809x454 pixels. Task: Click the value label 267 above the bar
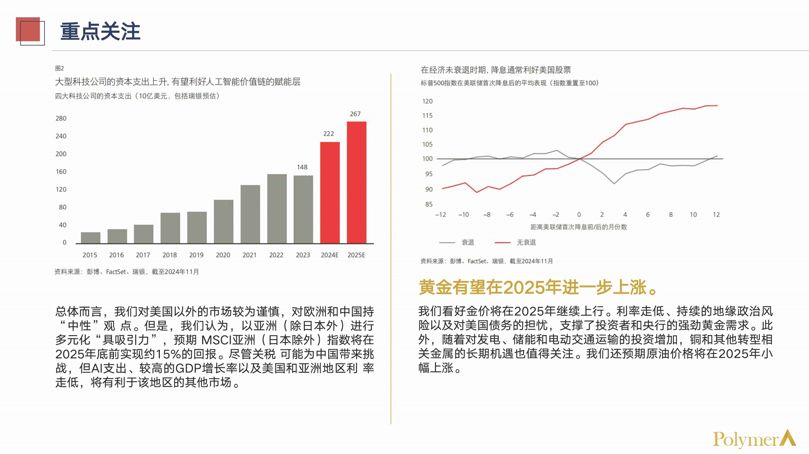pyautogui.click(x=355, y=114)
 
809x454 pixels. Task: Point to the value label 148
pyautogui.click(x=302, y=167)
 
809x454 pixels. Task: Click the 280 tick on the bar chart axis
pyautogui.click(x=61, y=118)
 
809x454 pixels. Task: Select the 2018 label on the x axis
pyautogui.click(x=170, y=255)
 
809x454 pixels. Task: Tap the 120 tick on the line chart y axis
pyautogui.click(x=427, y=101)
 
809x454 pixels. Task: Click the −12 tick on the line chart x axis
pyautogui.click(x=440, y=215)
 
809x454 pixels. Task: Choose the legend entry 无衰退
pyautogui.click(x=526, y=242)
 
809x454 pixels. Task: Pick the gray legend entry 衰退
pyautogui.click(x=467, y=242)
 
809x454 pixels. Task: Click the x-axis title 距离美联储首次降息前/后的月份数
pyautogui.click(x=579, y=227)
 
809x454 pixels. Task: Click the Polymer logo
pyautogui.click(x=754, y=439)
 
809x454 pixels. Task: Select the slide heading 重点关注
pyautogui.click(x=100, y=31)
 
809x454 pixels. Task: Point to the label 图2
pyautogui.click(x=60, y=68)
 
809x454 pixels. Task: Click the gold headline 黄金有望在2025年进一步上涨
pyautogui.click(x=537, y=287)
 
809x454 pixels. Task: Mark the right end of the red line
pyautogui.click(x=717, y=105)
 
